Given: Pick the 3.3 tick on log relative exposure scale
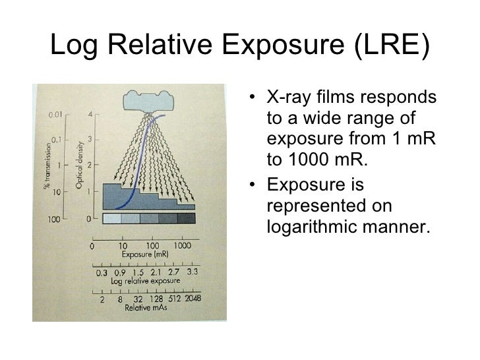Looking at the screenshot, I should point(193,271).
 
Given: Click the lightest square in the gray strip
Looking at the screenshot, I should point(113,219).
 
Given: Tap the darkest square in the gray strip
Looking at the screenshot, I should point(187,219).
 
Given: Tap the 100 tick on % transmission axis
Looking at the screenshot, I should point(54,218).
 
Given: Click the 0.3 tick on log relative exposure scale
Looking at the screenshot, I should point(102,271).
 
